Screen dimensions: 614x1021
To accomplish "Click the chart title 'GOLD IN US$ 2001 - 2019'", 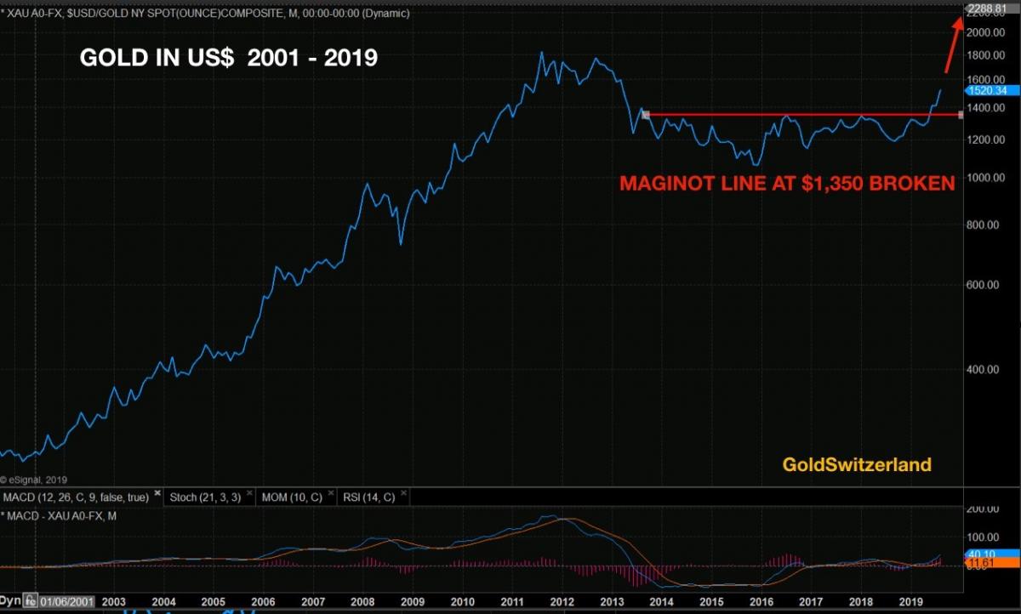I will (228, 59).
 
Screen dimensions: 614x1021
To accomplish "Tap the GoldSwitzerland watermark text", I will (857, 464).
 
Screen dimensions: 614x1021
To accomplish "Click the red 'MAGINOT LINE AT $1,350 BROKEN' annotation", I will (786, 183).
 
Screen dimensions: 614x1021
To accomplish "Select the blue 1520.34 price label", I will (988, 90).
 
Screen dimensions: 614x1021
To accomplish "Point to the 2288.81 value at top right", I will (988, 9).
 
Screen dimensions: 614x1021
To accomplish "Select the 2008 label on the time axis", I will (362, 601).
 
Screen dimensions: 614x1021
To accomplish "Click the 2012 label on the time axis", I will (562, 601).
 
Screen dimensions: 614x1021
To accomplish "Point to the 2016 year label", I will (761, 601).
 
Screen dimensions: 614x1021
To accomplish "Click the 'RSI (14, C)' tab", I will (368, 497).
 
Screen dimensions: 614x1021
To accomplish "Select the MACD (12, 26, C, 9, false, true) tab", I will (76, 497).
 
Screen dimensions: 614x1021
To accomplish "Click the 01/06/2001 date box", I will (67, 601).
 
